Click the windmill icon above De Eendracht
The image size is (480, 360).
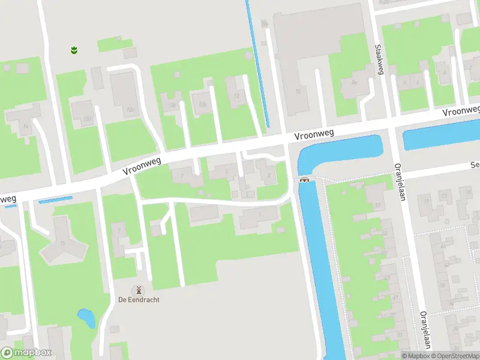139,289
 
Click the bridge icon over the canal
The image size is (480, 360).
304,179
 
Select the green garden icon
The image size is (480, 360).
74,50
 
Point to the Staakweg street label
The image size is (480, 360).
379,60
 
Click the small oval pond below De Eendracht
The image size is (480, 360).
86,318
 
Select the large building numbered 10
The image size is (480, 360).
298,66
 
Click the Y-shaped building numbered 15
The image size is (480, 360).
62,240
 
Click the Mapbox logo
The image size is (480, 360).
26,353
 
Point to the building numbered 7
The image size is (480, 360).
184,175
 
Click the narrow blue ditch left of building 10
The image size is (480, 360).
257,60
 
